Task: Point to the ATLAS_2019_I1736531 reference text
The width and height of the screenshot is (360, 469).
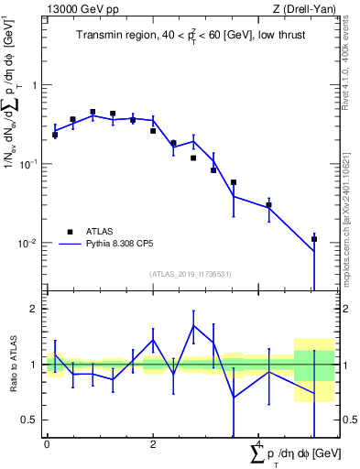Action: (x=191, y=274)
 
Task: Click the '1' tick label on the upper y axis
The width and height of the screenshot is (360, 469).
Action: (x=36, y=85)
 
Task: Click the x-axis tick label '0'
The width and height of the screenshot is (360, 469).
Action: (x=47, y=444)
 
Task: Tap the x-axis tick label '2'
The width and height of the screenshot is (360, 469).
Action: (x=153, y=444)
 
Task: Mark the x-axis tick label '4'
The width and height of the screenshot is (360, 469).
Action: (x=259, y=444)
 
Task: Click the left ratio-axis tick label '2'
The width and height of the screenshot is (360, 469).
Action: (x=36, y=309)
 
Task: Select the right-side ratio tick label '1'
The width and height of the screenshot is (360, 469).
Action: (x=346, y=365)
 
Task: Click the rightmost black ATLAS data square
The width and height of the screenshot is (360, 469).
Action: (x=314, y=239)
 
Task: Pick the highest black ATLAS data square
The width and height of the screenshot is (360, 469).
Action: (x=93, y=112)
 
